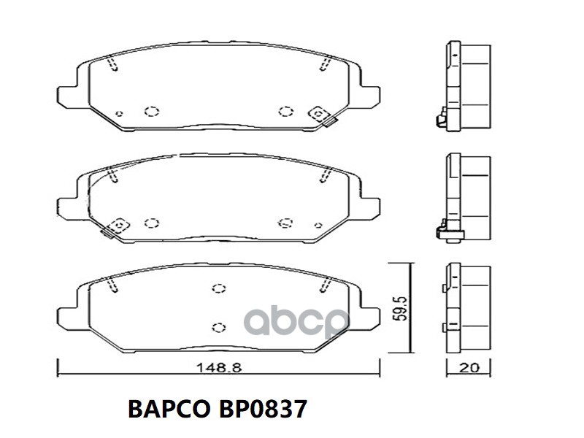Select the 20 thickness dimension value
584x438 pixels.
pyautogui.click(x=469, y=368)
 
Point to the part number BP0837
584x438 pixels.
pyautogui.click(x=258, y=409)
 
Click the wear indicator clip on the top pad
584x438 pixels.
pyautogui.click(x=321, y=116)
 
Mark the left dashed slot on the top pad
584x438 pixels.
pyautogui.click(x=112, y=65)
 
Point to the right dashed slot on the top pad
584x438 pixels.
pyautogui.click(x=324, y=65)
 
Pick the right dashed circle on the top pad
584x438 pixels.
pyautogui.click(x=285, y=111)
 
